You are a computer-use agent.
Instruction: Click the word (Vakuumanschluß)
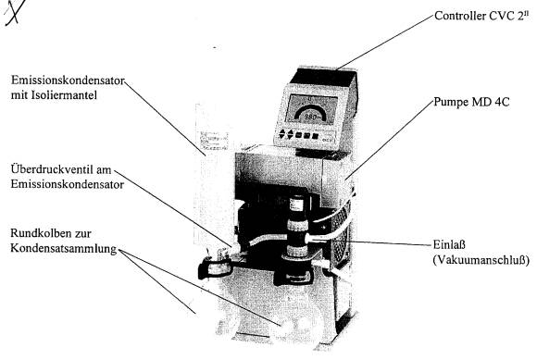point(481,260)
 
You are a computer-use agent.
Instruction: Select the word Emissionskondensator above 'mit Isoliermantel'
point(68,81)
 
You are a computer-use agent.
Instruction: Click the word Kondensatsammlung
point(64,249)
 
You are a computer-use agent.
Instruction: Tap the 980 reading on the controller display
point(310,117)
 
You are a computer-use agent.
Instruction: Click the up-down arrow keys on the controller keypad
point(286,134)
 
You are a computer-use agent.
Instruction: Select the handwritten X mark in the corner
point(15,12)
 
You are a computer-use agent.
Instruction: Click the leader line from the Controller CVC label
point(385,43)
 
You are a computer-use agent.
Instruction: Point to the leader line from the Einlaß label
point(390,243)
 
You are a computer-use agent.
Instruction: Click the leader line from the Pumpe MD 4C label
point(390,140)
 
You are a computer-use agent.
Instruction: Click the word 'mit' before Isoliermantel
point(19,94)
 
